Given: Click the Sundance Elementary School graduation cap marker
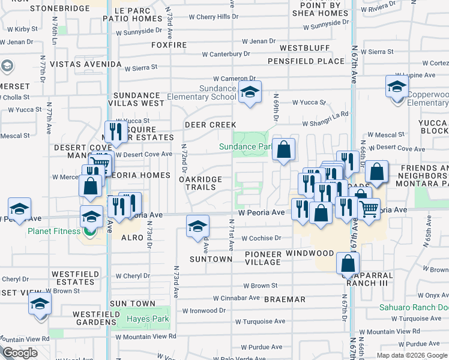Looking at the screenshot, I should click(249, 92).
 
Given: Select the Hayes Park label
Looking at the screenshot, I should click(147, 319).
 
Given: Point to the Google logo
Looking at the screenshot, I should click(20, 353).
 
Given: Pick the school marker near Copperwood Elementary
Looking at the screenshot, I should click(397, 86).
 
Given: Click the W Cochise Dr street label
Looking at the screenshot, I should click(262, 238).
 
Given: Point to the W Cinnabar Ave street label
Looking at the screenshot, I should click(236, 298).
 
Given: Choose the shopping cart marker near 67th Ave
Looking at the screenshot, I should click(369, 209).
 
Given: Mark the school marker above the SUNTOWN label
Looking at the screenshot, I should click(197, 226).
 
